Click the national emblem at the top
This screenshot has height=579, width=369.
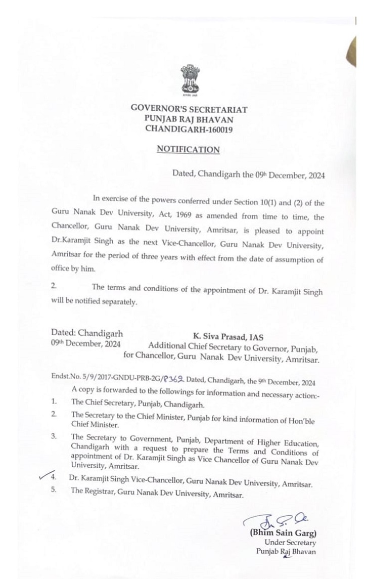[x=191, y=81]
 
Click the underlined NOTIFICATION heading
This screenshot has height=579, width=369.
[x=188, y=150]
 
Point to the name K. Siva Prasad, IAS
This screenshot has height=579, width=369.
[x=228, y=337]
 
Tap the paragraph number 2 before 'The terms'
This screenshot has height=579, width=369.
[x=54, y=286]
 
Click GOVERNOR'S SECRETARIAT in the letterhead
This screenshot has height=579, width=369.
[x=189, y=108]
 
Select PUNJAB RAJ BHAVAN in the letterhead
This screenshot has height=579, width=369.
[x=189, y=118]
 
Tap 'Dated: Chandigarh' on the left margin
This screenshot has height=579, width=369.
[x=86, y=333]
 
